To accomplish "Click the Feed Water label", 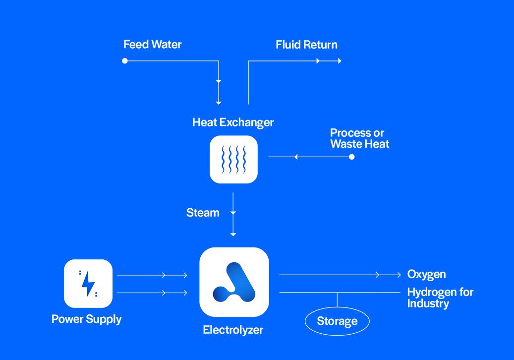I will [x=152, y=45].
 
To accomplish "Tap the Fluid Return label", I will [x=306, y=45].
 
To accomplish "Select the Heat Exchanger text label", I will [x=232, y=122].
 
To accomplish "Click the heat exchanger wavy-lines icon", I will [x=233, y=159].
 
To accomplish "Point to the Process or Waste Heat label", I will [x=359, y=138].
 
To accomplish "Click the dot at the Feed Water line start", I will [x=125, y=61].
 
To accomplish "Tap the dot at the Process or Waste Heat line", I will [x=351, y=157].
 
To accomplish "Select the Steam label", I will [x=203, y=213].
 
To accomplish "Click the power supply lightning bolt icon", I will [x=88, y=283].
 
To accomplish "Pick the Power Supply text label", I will [x=86, y=319].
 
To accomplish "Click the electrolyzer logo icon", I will [x=234, y=282].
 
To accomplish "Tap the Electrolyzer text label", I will [x=233, y=330].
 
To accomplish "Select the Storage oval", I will [x=337, y=321].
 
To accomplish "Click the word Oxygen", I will [x=426, y=274].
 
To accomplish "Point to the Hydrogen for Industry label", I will [x=440, y=298].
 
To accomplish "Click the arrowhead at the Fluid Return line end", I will [x=340, y=61].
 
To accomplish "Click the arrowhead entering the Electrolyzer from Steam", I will [x=233, y=234].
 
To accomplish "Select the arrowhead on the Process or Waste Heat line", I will [x=295, y=157].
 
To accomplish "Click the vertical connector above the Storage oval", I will [x=338, y=300].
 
